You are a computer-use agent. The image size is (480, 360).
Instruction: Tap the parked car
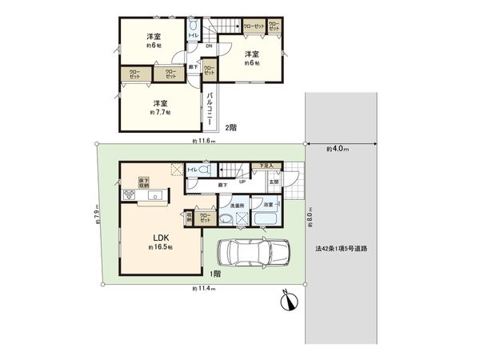[250, 252]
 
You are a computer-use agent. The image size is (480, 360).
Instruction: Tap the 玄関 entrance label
[273, 182]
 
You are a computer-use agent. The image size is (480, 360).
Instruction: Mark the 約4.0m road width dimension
[337, 149]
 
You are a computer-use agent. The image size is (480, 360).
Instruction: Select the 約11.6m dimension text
[203, 142]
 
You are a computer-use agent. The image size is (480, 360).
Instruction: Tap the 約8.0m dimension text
[308, 215]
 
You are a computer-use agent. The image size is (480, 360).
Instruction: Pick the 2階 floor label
[230, 127]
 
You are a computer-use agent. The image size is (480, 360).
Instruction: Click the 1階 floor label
[217, 274]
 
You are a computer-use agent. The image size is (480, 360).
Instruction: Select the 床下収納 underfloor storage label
[144, 182]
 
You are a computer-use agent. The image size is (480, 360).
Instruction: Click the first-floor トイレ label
[192, 170]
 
